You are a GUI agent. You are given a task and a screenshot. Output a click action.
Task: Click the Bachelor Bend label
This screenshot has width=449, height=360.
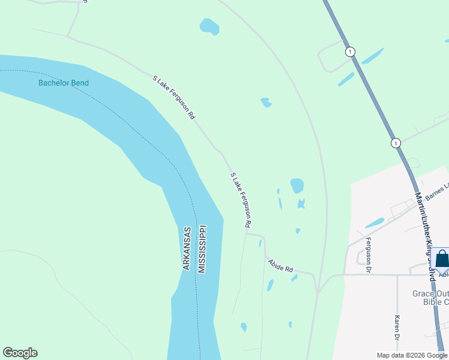click(x=63, y=83)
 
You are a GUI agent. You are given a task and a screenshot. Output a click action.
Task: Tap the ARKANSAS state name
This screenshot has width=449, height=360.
click(x=187, y=248)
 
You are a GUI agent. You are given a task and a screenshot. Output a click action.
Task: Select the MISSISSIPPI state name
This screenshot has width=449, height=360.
click(x=202, y=249)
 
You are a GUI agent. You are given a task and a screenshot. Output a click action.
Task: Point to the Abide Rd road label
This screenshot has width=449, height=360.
click(x=280, y=265)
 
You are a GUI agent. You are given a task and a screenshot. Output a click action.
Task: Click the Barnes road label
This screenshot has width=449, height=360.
click(x=437, y=191)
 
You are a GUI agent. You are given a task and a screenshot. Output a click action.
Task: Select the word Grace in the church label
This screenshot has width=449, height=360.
click(x=423, y=293)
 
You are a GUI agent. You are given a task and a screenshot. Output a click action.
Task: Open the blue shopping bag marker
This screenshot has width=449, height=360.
click(x=442, y=260)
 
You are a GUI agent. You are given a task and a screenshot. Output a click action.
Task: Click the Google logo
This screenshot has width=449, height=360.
click(x=20, y=353)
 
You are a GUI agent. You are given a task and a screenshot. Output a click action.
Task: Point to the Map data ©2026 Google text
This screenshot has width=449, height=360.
click(x=412, y=355)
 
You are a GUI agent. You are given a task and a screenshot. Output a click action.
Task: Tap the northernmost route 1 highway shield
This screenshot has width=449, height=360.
click(x=350, y=52)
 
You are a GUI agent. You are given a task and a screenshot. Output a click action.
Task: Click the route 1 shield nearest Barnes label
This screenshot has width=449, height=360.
click(x=395, y=143)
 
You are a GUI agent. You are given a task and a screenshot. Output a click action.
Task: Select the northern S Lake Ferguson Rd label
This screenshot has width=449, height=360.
click(x=174, y=97)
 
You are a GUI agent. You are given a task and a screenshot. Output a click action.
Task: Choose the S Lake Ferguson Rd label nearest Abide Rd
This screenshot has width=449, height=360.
click(x=240, y=199)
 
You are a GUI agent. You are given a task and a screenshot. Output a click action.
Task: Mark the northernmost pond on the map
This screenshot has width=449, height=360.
click(x=209, y=26)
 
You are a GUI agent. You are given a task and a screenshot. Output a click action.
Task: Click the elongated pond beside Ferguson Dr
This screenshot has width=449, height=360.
click(x=375, y=223)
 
